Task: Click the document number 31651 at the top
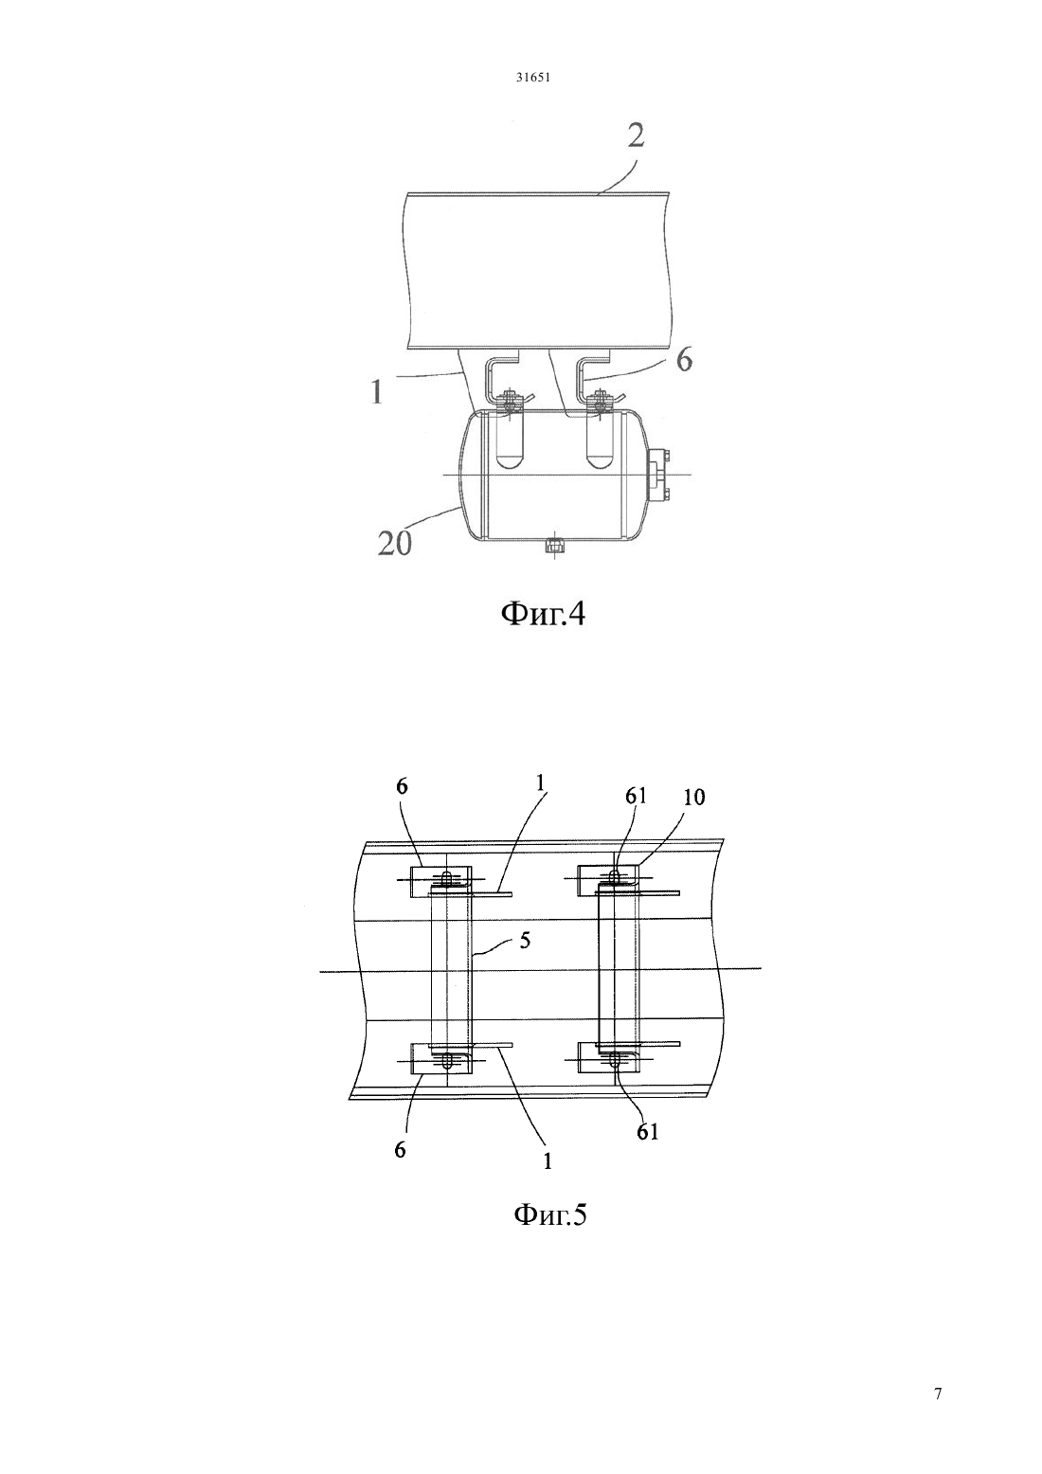532,77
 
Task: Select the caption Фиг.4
543,615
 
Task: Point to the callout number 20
395,544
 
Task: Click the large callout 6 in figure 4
684,360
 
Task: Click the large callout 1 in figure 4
376,392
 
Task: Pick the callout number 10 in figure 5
694,798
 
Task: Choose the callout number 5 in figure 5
524,941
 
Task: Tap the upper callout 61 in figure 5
637,797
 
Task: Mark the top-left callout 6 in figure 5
403,786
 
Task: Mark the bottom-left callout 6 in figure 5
400,1150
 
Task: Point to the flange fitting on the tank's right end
657,476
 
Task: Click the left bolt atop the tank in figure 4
507,399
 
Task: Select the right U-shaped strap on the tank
600,440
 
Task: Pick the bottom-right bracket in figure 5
608,1058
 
